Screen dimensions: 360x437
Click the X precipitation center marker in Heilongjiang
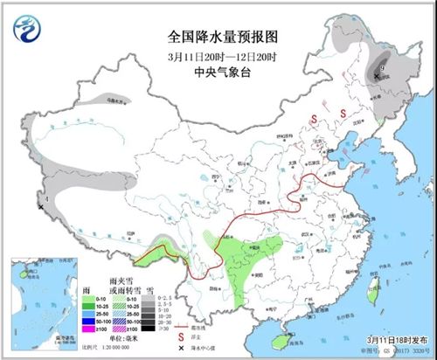pos(377,77)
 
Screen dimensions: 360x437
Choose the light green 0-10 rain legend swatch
pos(89,297)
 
